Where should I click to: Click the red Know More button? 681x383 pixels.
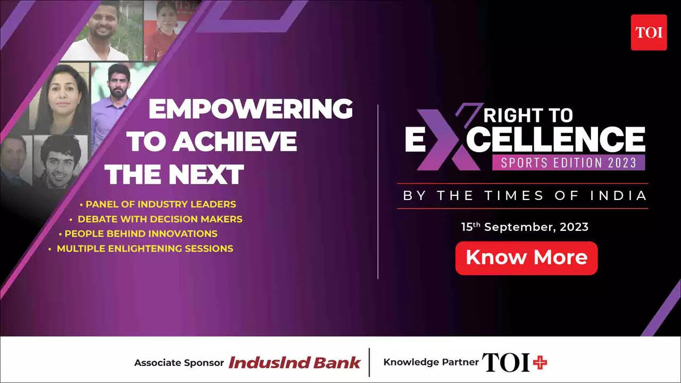click(x=526, y=258)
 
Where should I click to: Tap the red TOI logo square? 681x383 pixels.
click(x=649, y=32)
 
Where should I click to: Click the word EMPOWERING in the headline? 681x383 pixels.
click(x=251, y=109)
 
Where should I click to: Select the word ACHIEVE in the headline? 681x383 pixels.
click(x=235, y=141)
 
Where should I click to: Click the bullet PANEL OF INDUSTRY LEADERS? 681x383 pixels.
click(x=158, y=204)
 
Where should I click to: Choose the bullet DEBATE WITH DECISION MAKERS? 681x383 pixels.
click(x=156, y=219)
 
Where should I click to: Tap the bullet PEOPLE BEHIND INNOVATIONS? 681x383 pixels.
click(x=138, y=234)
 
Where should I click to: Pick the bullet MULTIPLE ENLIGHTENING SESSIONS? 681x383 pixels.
click(x=141, y=248)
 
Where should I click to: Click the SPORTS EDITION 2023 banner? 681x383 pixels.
click(x=569, y=162)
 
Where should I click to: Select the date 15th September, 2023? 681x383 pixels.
click(x=525, y=227)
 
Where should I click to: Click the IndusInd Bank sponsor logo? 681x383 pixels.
click(x=294, y=363)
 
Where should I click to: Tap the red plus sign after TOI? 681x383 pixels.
click(x=540, y=362)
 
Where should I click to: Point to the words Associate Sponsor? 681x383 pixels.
click(x=179, y=363)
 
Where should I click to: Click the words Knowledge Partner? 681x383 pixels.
click(x=431, y=362)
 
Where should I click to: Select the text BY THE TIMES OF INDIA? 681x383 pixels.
click(x=525, y=195)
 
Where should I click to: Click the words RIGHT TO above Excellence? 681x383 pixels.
click(x=528, y=115)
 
